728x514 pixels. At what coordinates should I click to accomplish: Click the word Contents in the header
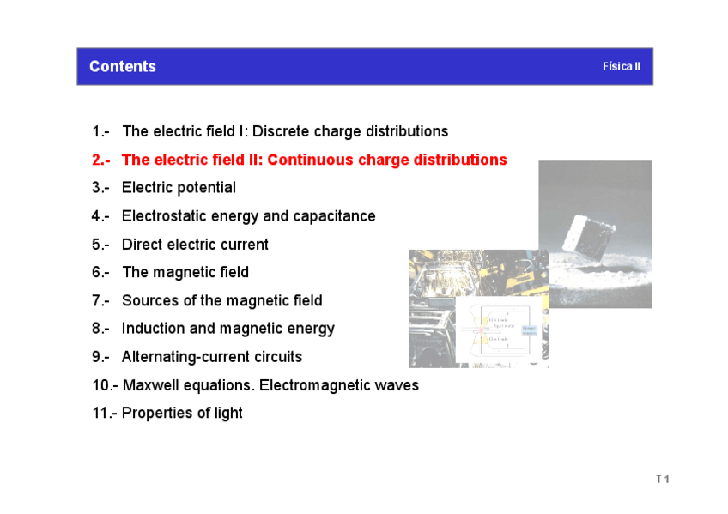tap(123, 67)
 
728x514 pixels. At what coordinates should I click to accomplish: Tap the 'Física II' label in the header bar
tap(621, 66)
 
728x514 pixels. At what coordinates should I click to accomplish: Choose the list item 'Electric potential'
tap(179, 187)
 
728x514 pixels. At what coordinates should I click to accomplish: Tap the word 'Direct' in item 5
tap(143, 244)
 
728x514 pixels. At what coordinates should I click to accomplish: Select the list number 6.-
tap(101, 272)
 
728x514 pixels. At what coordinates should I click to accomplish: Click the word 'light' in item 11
tap(227, 413)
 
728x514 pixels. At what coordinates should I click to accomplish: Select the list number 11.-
tap(104, 413)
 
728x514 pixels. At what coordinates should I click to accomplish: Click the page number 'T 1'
tap(662, 479)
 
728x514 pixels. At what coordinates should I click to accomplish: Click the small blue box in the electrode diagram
tap(529, 330)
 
